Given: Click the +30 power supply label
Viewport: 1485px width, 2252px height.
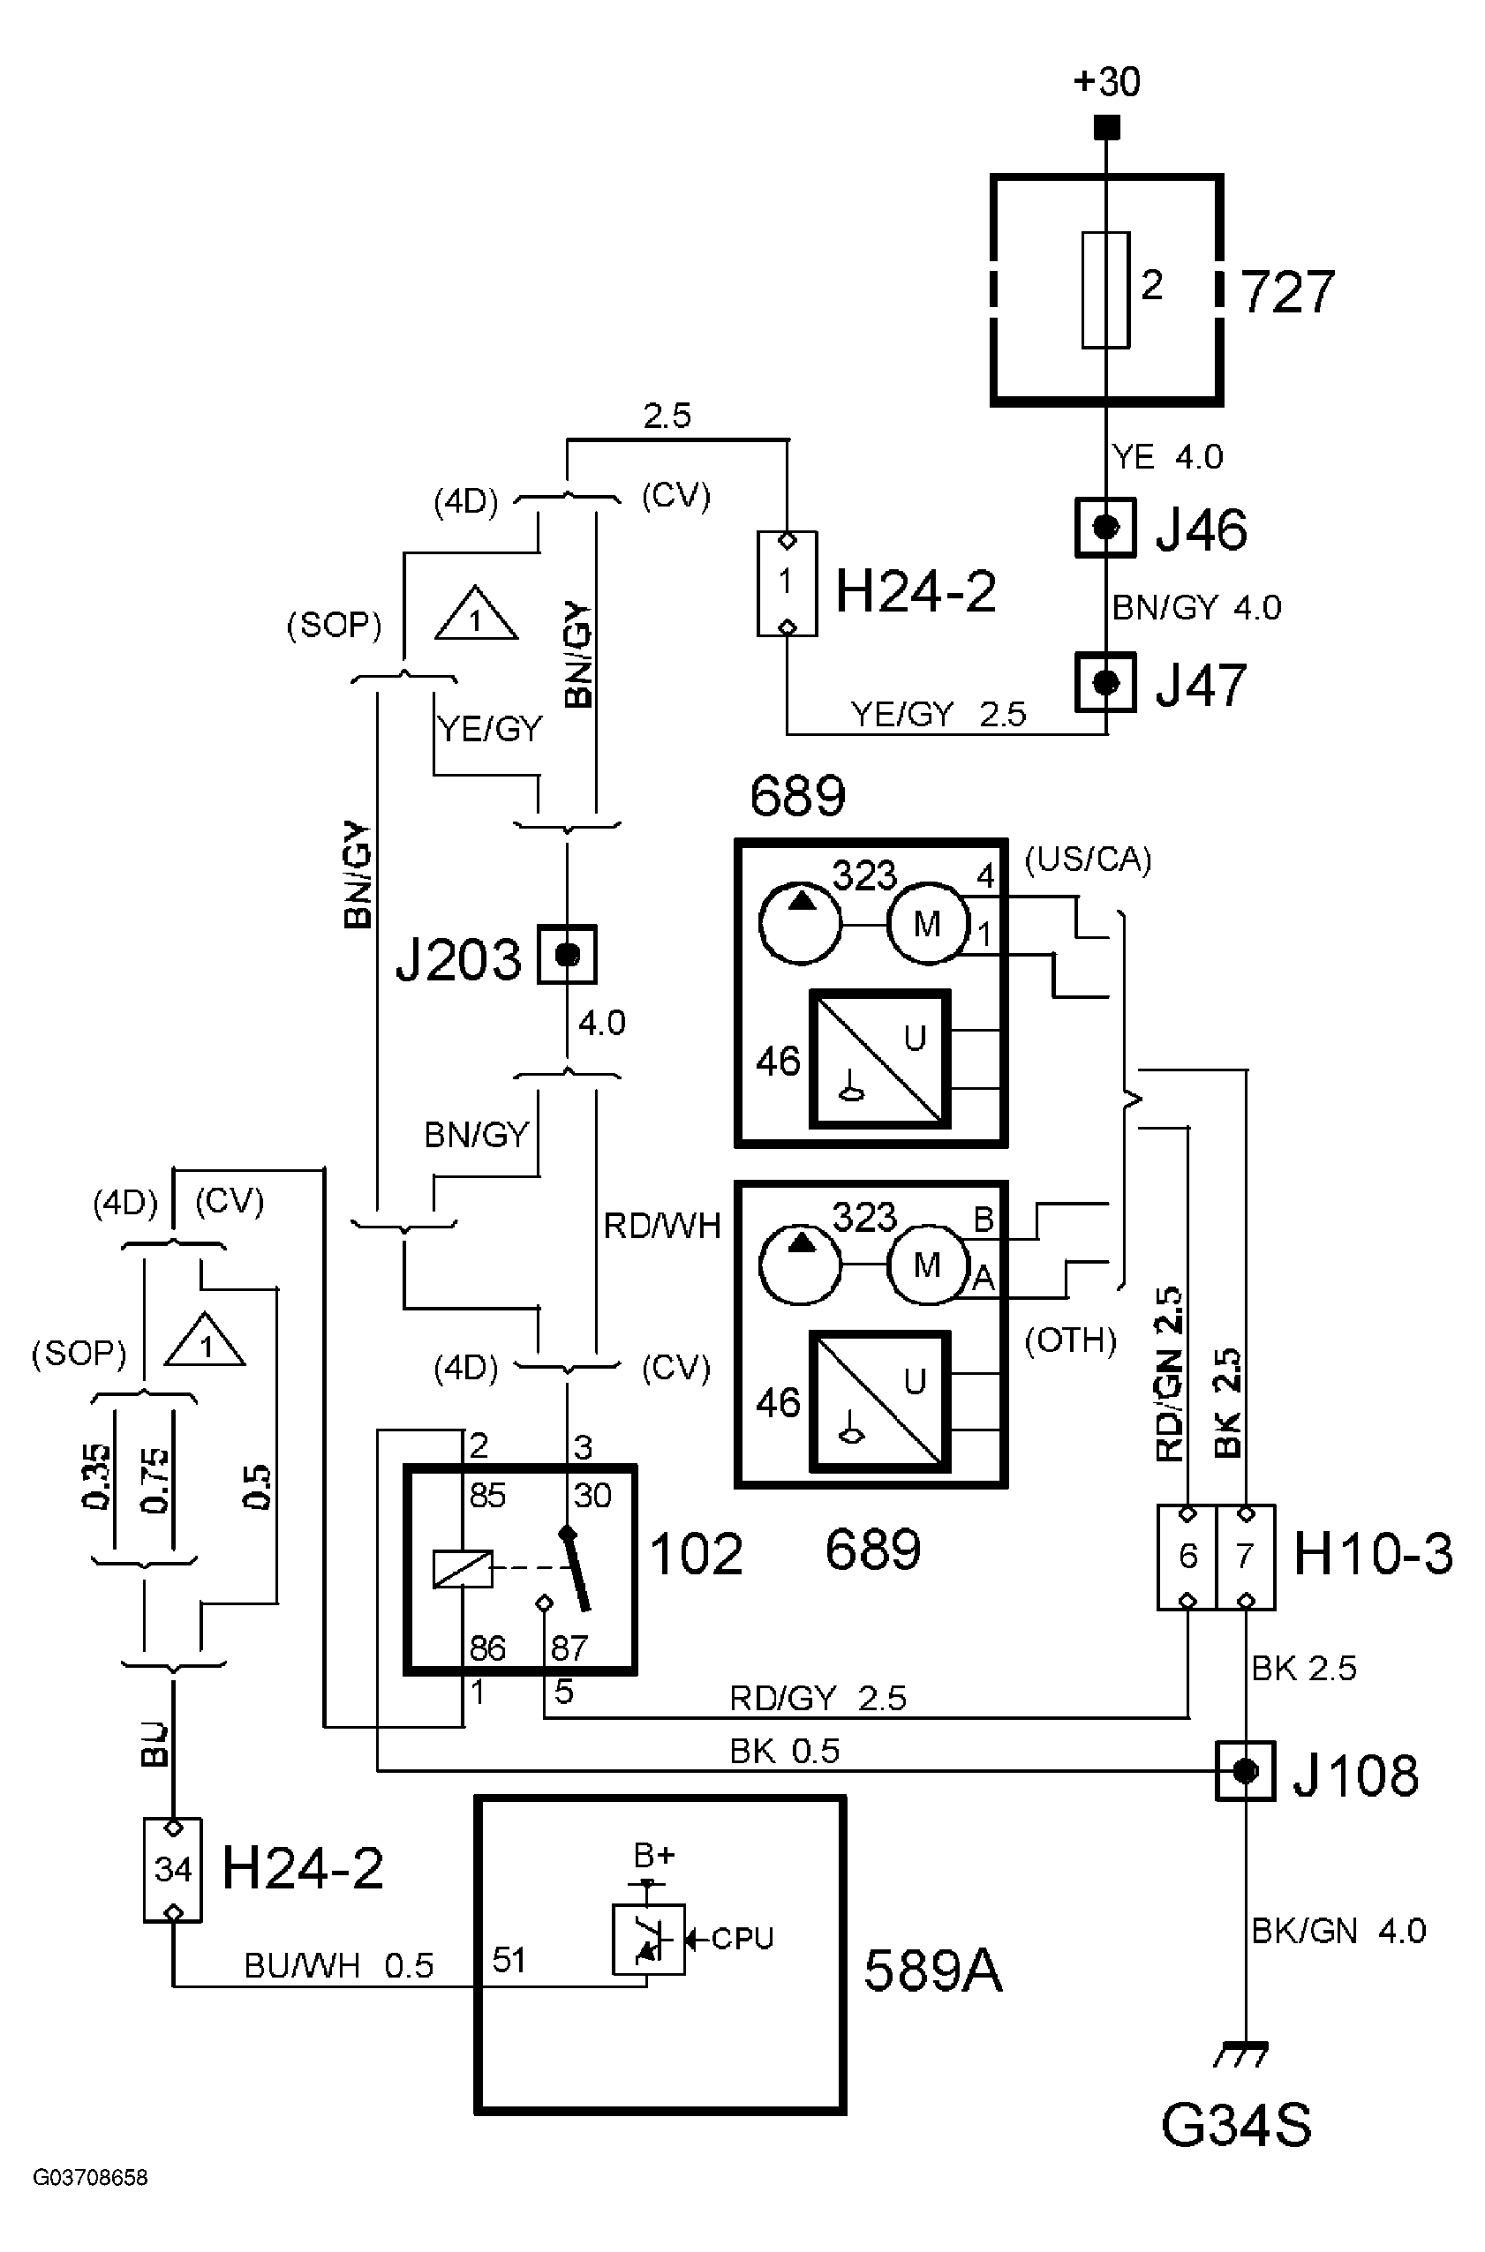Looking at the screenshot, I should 1106,82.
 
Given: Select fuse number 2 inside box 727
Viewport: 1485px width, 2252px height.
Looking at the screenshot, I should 1106,289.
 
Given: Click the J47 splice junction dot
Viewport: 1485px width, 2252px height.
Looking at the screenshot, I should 1105,682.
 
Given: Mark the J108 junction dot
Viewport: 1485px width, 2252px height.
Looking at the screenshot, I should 1246,1770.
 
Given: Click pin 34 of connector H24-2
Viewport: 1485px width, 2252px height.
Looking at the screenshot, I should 172,1870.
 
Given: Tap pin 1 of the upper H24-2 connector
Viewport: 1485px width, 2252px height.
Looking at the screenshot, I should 786,582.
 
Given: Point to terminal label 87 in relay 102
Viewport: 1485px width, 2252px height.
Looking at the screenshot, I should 569,1648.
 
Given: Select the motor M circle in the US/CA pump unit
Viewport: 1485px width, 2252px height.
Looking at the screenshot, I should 927,923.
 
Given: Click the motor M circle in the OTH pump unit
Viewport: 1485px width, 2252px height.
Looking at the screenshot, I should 927,1265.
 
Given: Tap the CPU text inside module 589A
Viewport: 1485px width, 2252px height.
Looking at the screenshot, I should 742,1939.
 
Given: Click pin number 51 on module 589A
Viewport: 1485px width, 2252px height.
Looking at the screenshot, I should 509,1960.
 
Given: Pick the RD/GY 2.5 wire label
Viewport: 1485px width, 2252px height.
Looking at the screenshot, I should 818,1698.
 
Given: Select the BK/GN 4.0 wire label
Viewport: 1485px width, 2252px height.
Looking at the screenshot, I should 1338,1930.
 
